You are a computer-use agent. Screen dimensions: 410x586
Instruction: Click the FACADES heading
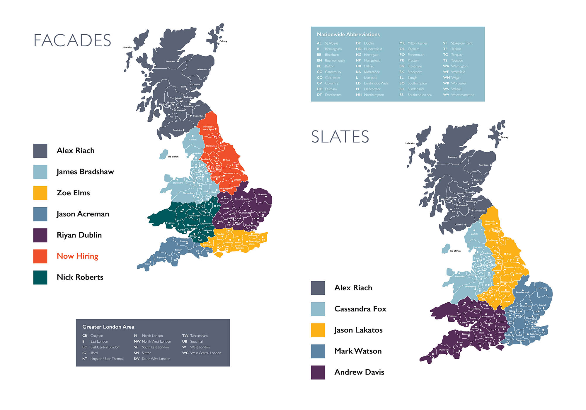pyautogui.click(x=72, y=40)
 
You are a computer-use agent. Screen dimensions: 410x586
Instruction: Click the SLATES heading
pyautogui.click(x=340, y=137)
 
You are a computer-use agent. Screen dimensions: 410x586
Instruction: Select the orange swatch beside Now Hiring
pyautogui.click(x=40, y=256)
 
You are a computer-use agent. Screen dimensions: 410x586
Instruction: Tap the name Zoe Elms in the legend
pyautogui.click(x=73, y=193)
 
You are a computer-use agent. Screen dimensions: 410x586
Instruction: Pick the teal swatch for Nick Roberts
pyautogui.click(x=40, y=277)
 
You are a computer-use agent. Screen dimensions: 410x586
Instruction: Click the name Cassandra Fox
pyautogui.click(x=360, y=309)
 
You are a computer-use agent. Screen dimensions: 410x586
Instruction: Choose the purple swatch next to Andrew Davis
pyautogui.click(x=318, y=372)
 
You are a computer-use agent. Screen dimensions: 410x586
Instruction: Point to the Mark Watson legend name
pyautogui.click(x=358, y=351)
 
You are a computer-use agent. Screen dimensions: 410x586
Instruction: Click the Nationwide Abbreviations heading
pyautogui.click(x=348, y=35)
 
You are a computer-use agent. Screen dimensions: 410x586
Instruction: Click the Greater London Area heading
pyautogui.click(x=108, y=327)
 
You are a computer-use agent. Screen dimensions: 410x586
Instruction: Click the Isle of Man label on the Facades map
pyautogui.click(x=173, y=157)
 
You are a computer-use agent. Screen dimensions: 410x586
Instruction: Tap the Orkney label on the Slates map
pyautogui.click(x=505, y=137)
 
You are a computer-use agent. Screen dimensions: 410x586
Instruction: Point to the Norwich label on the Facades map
pyautogui.click(x=262, y=194)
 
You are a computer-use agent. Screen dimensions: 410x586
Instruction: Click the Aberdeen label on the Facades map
pyautogui.click(x=202, y=70)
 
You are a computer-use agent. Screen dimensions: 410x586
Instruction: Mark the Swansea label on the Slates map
pyautogui.click(x=452, y=316)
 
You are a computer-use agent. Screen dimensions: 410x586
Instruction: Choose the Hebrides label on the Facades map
pyautogui.click(x=127, y=47)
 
